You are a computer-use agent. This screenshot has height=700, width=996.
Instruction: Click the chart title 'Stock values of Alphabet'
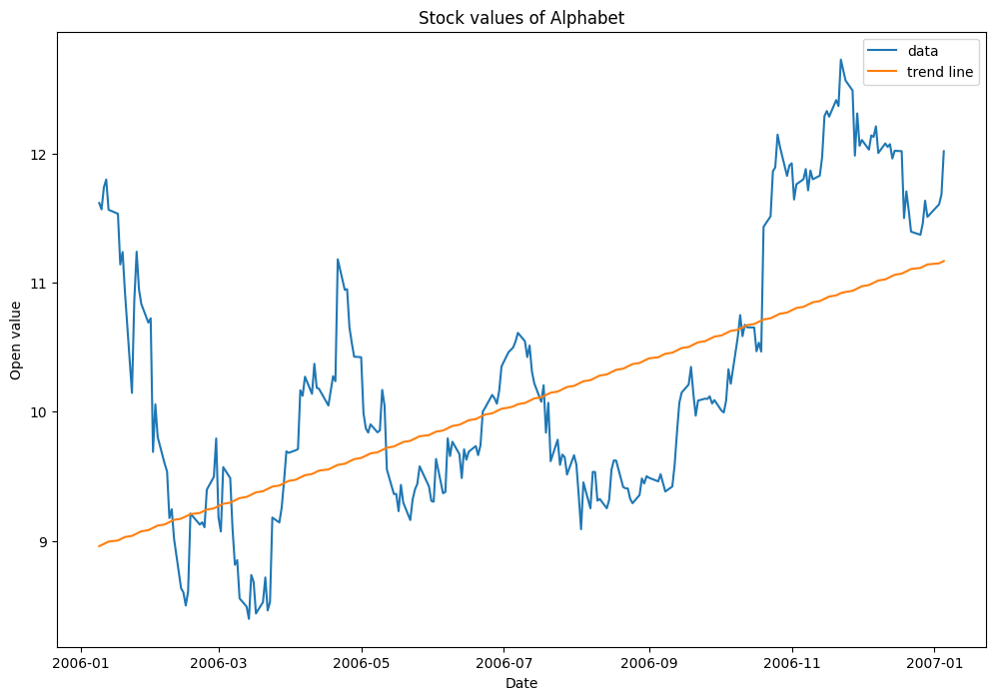pyautogui.click(x=521, y=17)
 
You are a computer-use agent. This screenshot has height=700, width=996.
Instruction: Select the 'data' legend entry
pyautogui.click(x=923, y=50)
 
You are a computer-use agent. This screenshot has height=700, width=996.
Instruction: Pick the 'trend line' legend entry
pyautogui.click(x=939, y=72)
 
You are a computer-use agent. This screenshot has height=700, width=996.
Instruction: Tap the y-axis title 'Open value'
pyautogui.click(x=16, y=341)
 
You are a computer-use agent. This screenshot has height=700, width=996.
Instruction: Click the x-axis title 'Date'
pyautogui.click(x=521, y=683)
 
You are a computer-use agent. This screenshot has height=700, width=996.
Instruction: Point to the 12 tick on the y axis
pyautogui.click(x=39, y=155)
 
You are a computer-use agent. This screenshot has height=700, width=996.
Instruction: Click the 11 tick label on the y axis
pyautogui.click(x=39, y=284)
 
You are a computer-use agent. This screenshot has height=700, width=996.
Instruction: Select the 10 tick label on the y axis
pyautogui.click(x=39, y=412)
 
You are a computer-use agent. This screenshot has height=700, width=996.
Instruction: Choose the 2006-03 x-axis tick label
pyautogui.click(x=218, y=661)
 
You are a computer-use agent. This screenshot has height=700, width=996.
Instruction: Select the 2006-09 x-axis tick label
pyautogui.click(x=649, y=661)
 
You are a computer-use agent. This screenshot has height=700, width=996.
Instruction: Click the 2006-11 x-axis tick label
pyautogui.click(x=792, y=661)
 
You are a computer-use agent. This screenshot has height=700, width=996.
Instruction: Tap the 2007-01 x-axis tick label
pyautogui.click(x=935, y=661)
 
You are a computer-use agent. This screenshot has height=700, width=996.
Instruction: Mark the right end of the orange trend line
pyautogui.click(x=944, y=261)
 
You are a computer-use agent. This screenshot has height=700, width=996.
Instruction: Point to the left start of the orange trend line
pyautogui.click(x=99, y=546)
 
